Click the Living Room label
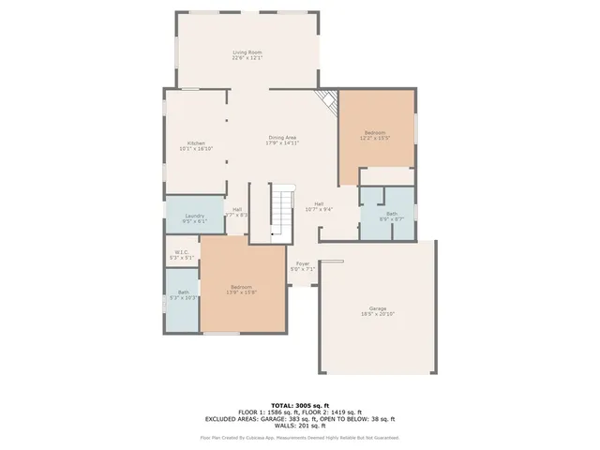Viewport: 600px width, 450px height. tap(247, 54)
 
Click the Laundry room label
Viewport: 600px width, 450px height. tap(195, 218)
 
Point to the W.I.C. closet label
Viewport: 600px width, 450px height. tap(180, 254)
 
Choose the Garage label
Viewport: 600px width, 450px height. tap(377, 310)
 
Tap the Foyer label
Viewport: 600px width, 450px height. tap(303, 265)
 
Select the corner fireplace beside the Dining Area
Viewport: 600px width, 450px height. tap(327, 102)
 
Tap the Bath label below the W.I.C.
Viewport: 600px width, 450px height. tap(183, 294)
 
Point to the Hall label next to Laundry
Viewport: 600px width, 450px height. tap(237, 211)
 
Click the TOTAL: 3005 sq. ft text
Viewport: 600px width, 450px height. tap(299, 403)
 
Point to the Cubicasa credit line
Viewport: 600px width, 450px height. tap(299, 437)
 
